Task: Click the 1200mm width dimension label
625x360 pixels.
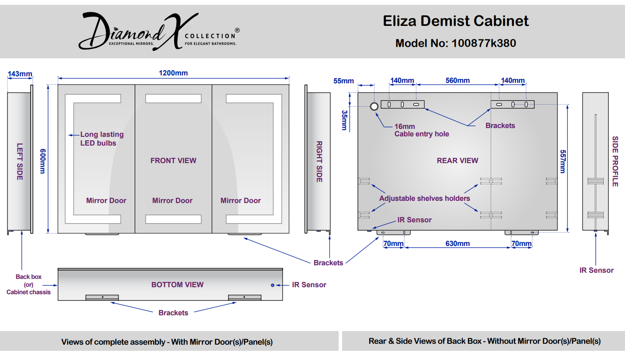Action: (173, 73)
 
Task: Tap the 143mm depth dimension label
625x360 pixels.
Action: (20, 74)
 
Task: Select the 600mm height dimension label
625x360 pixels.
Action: (43, 161)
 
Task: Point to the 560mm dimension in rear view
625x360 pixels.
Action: (457, 81)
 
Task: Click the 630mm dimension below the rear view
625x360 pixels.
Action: (457, 244)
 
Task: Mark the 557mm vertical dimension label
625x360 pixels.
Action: (563, 161)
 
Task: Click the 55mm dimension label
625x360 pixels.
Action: (343, 81)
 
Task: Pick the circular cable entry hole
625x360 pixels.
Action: (374, 106)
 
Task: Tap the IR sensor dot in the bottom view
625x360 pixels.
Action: (273, 285)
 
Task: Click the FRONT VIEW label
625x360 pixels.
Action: (173, 160)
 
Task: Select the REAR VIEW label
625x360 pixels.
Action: (457, 160)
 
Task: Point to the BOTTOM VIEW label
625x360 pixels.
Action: (178, 285)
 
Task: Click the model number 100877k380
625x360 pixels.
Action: (483, 43)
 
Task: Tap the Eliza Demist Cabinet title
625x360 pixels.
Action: (456, 21)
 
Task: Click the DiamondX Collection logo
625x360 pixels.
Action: (159, 31)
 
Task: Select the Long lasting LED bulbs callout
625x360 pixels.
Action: (102, 139)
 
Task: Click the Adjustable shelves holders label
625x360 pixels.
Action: (425, 199)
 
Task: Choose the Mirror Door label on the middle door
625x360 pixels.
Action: (172, 200)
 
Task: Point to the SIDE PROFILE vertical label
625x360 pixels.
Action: (615, 161)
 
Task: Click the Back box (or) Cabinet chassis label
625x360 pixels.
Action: (29, 285)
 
